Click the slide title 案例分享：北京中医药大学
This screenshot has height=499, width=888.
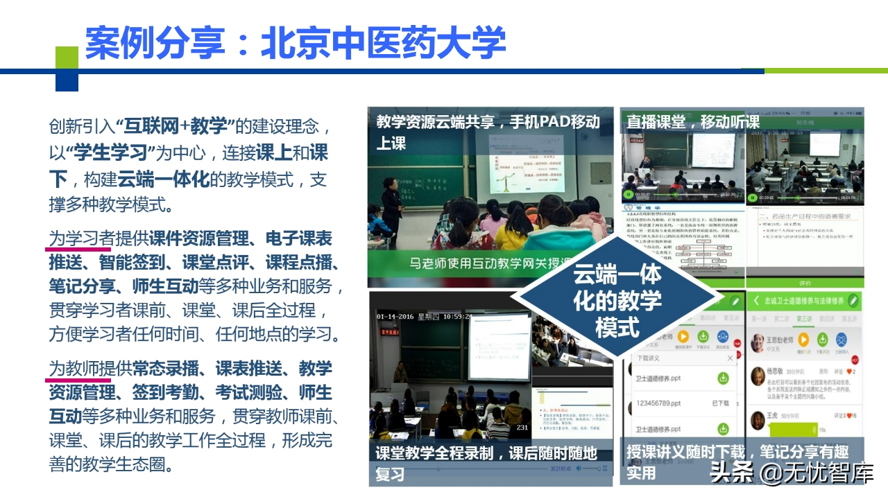295,43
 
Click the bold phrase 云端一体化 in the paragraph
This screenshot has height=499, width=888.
163,179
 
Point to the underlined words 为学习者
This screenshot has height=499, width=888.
80,239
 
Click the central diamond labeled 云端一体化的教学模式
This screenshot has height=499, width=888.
617,299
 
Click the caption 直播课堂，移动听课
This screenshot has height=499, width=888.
692,122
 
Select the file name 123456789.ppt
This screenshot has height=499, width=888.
659,403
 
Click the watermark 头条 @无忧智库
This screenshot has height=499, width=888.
791,474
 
